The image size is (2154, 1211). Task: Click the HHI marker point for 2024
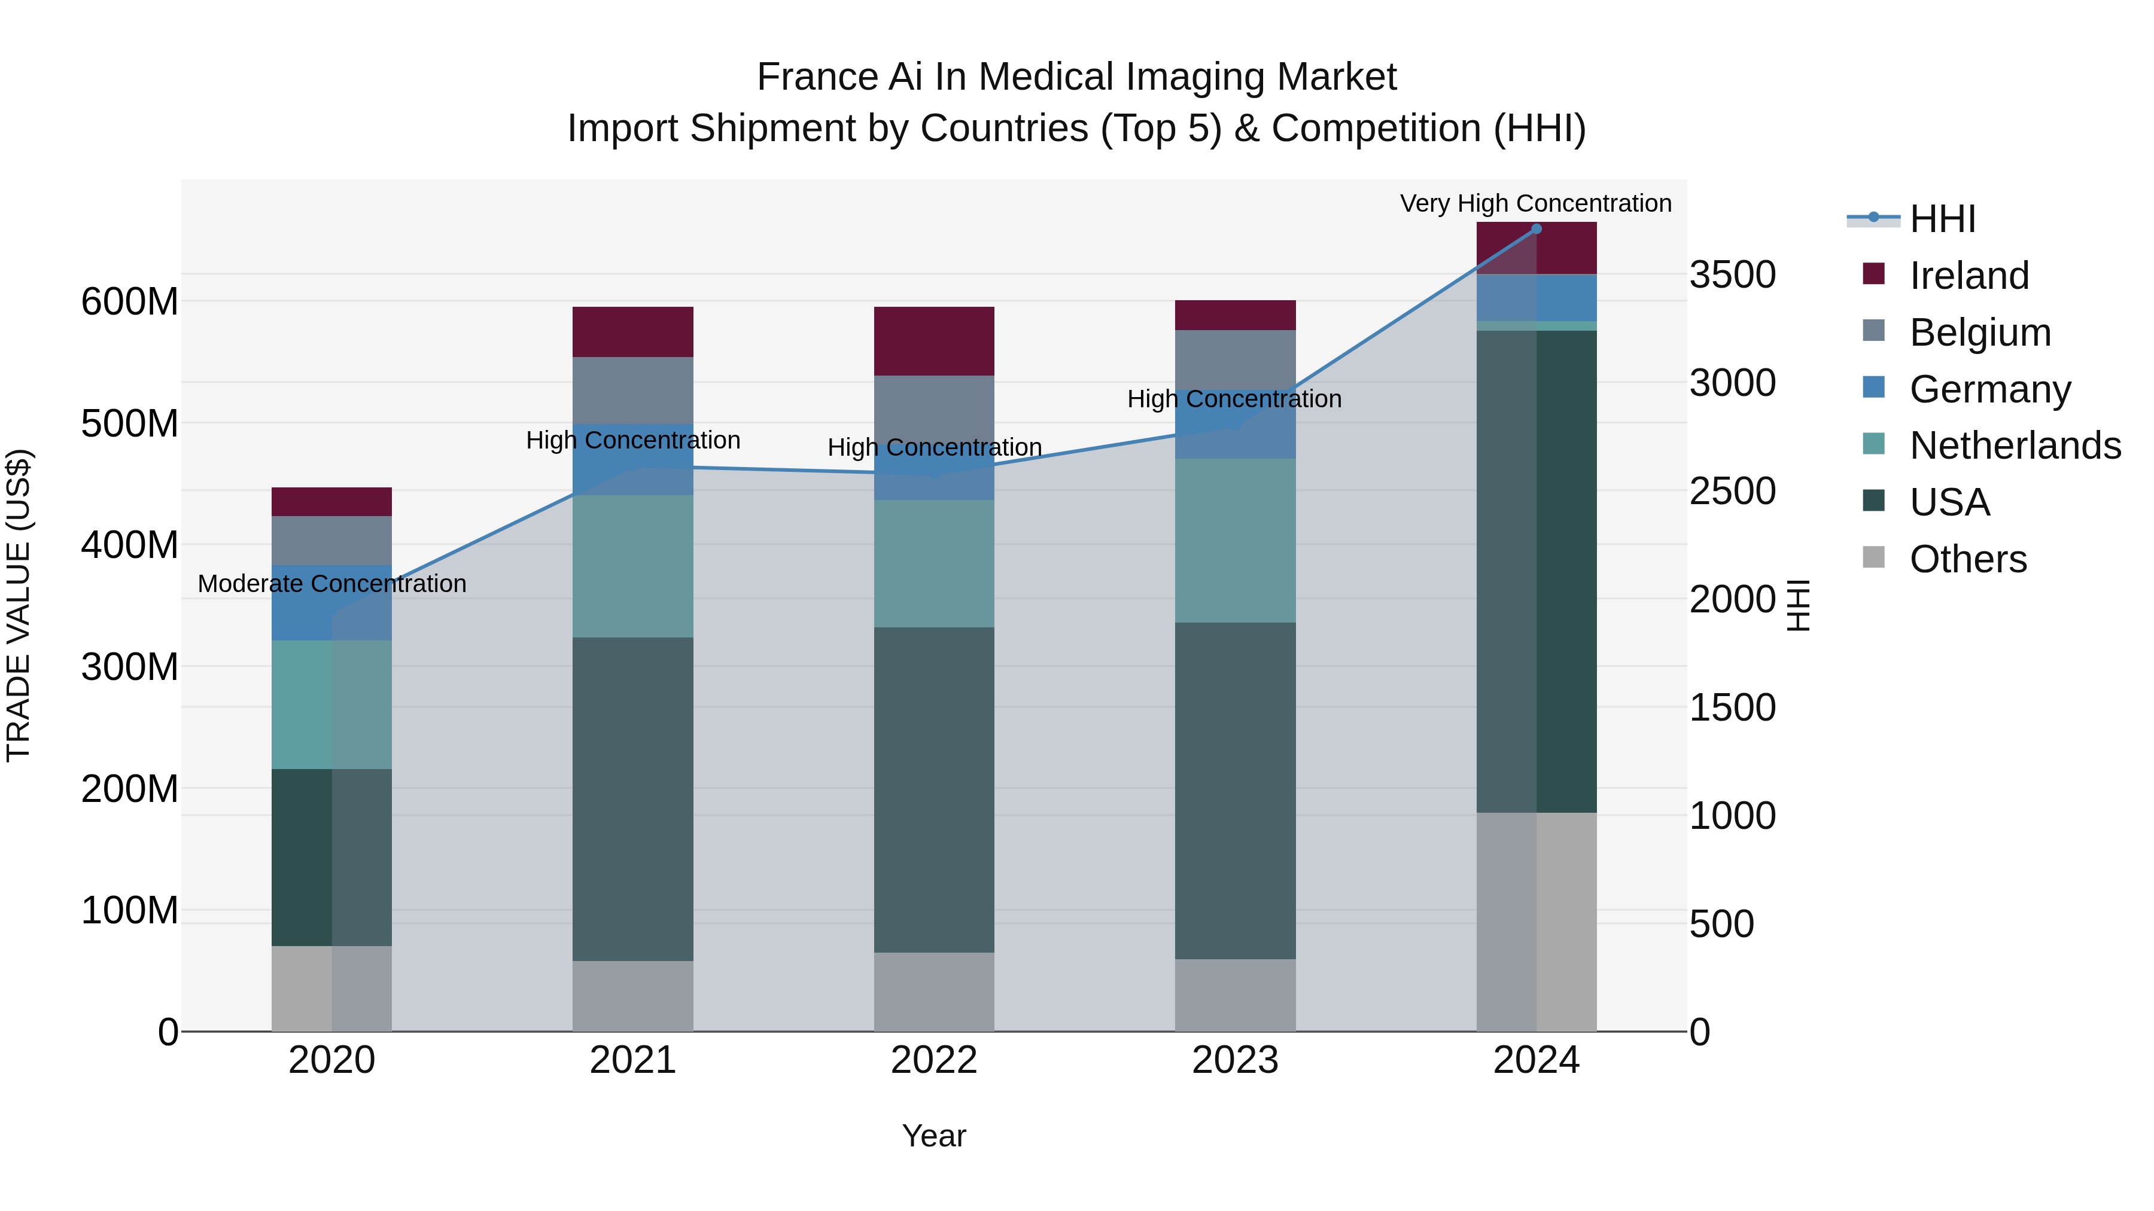pyautogui.click(x=1536, y=229)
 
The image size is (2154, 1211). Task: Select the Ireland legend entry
pyautogui.click(x=1969, y=276)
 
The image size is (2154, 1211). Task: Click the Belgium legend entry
pyautogui.click(x=1979, y=333)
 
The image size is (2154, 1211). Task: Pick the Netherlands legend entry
pyautogui.click(x=2015, y=446)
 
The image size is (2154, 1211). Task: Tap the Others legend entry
pyautogui.click(x=1967, y=559)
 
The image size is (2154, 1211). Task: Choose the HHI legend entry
pyautogui.click(x=1942, y=219)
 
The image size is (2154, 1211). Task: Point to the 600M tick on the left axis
pyautogui.click(x=130, y=302)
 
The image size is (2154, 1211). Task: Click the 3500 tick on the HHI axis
pyautogui.click(x=1732, y=275)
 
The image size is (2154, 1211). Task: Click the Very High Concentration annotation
pyautogui.click(x=1535, y=203)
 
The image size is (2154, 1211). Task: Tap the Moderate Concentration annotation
pyautogui.click(x=332, y=583)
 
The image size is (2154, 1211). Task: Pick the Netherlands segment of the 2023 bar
pyautogui.click(x=1235, y=540)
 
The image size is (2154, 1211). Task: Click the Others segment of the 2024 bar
pyautogui.click(x=1536, y=921)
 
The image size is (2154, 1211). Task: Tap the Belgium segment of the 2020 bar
pyautogui.click(x=332, y=540)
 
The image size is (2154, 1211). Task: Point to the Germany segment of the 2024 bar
pyautogui.click(x=1536, y=298)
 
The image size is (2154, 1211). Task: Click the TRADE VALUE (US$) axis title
pyautogui.click(x=19, y=605)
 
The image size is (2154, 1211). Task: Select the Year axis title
pyautogui.click(x=934, y=1136)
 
